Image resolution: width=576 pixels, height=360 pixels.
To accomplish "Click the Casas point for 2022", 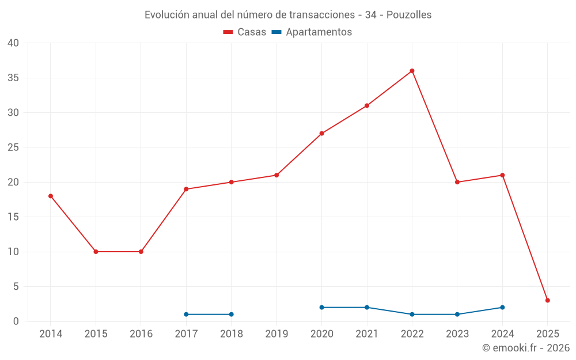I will click(412, 71).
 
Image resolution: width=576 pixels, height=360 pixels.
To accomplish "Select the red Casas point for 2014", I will click(51, 196).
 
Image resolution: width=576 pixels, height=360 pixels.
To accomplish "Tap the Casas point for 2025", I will click(547, 300).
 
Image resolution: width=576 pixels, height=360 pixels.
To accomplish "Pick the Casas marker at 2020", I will click(321, 133).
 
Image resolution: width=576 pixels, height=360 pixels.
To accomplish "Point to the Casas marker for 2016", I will click(141, 252).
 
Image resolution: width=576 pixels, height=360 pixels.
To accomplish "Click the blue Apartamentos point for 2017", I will click(186, 314).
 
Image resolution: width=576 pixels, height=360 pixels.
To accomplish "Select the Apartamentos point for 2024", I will click(502, 307).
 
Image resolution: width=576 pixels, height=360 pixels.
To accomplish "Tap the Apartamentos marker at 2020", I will click(321, 307).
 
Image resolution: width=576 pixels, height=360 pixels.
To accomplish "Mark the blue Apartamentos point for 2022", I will click(412, 314).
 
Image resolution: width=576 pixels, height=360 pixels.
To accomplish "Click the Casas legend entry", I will click(245, 32).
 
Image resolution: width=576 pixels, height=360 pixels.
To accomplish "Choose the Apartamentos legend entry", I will click(312, 32).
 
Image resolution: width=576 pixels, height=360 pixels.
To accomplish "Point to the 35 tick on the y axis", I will click(13, 78).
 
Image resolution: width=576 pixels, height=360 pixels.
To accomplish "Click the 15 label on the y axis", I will click(13, 217).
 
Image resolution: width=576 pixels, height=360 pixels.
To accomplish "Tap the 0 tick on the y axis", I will click(16, 321).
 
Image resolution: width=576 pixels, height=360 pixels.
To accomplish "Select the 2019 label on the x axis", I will click(276, 334).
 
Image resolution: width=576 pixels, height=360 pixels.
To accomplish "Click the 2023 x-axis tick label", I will click(457, 334).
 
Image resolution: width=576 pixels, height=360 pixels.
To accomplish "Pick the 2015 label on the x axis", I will click(96, 334).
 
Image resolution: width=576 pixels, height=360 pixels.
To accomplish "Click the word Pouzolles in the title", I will click(409, 15).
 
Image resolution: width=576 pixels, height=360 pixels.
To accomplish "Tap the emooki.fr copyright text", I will click(526, 348).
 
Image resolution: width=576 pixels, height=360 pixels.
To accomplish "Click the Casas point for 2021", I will click(367, 105).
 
